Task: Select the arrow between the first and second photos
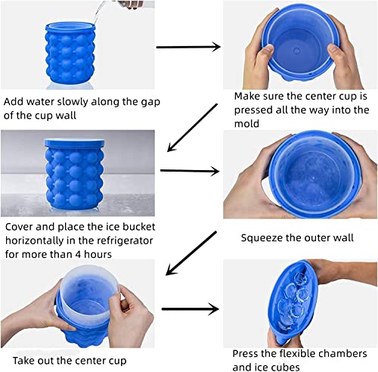point(187,48)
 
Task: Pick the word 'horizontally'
point(36,241)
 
